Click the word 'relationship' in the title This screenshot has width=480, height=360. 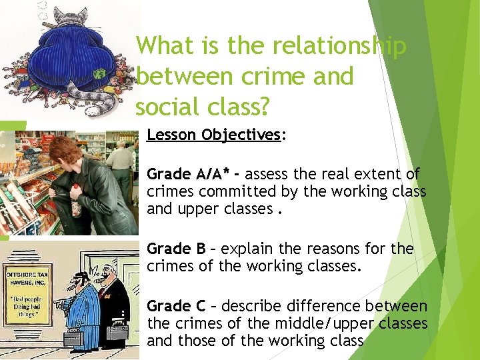[x=317, y=46]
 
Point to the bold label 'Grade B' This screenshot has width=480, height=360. [x=176, y=249]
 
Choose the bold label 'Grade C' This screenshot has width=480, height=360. [x=176, y=306]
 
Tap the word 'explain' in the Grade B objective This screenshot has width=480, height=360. [x=247, y=249]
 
